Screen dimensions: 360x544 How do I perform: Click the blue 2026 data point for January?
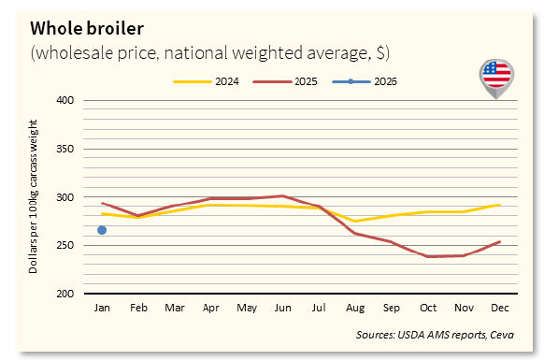101,230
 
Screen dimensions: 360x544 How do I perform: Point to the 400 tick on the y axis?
65,100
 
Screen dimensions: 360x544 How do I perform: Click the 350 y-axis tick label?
65,149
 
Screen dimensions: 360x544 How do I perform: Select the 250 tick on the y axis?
65,246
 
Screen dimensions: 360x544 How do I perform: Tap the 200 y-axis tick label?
65,295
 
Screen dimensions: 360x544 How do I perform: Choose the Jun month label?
282,307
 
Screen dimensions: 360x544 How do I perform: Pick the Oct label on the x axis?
427,307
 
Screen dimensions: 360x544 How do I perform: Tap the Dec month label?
500,307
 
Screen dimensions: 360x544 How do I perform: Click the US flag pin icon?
495,75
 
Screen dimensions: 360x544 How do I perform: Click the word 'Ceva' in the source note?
501,335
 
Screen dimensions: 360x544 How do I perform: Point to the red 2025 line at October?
427,256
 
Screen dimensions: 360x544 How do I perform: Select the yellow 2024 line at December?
500,205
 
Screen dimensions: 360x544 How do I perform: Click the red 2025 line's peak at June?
282,196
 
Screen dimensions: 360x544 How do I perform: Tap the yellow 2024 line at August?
355,221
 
